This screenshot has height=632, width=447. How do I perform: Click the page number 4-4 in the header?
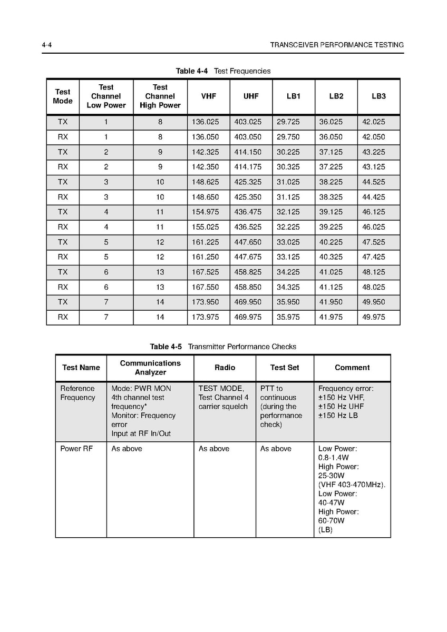pyautogui.click(x=46, y=45)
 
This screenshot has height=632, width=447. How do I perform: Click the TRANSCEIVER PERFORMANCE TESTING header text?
pyautogui.click(x=337, y=45)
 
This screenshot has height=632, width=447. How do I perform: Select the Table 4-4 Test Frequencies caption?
pyautogui.click(x=223, y=71)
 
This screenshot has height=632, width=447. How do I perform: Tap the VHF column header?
pyautogui.click(x=208, y=96)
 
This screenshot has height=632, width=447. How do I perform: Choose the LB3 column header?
pyautogui.click(x=378, y=96)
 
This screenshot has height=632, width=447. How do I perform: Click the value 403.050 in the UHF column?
pyautogui.click(x=248, y=137)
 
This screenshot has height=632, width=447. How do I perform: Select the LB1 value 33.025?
pyautogui.click(x=288, y=242)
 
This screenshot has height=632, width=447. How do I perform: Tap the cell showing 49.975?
pyautogui.click(x=374, y=317)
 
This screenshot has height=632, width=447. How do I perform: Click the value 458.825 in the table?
pyautogui.click(x=248, y=272)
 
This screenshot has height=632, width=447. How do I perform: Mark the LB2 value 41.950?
pyautogui.click(x=331, y=302)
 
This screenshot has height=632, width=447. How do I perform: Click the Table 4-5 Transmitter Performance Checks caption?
pyautogui.click(x=223, y=347)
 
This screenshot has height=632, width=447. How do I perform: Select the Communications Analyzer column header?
pyautogui.click(x=150, y=368)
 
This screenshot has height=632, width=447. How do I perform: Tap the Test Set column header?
pyautogui.click(x=285, y=368)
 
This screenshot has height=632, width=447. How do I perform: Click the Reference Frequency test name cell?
pyautogui.click(x=77, y=393)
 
